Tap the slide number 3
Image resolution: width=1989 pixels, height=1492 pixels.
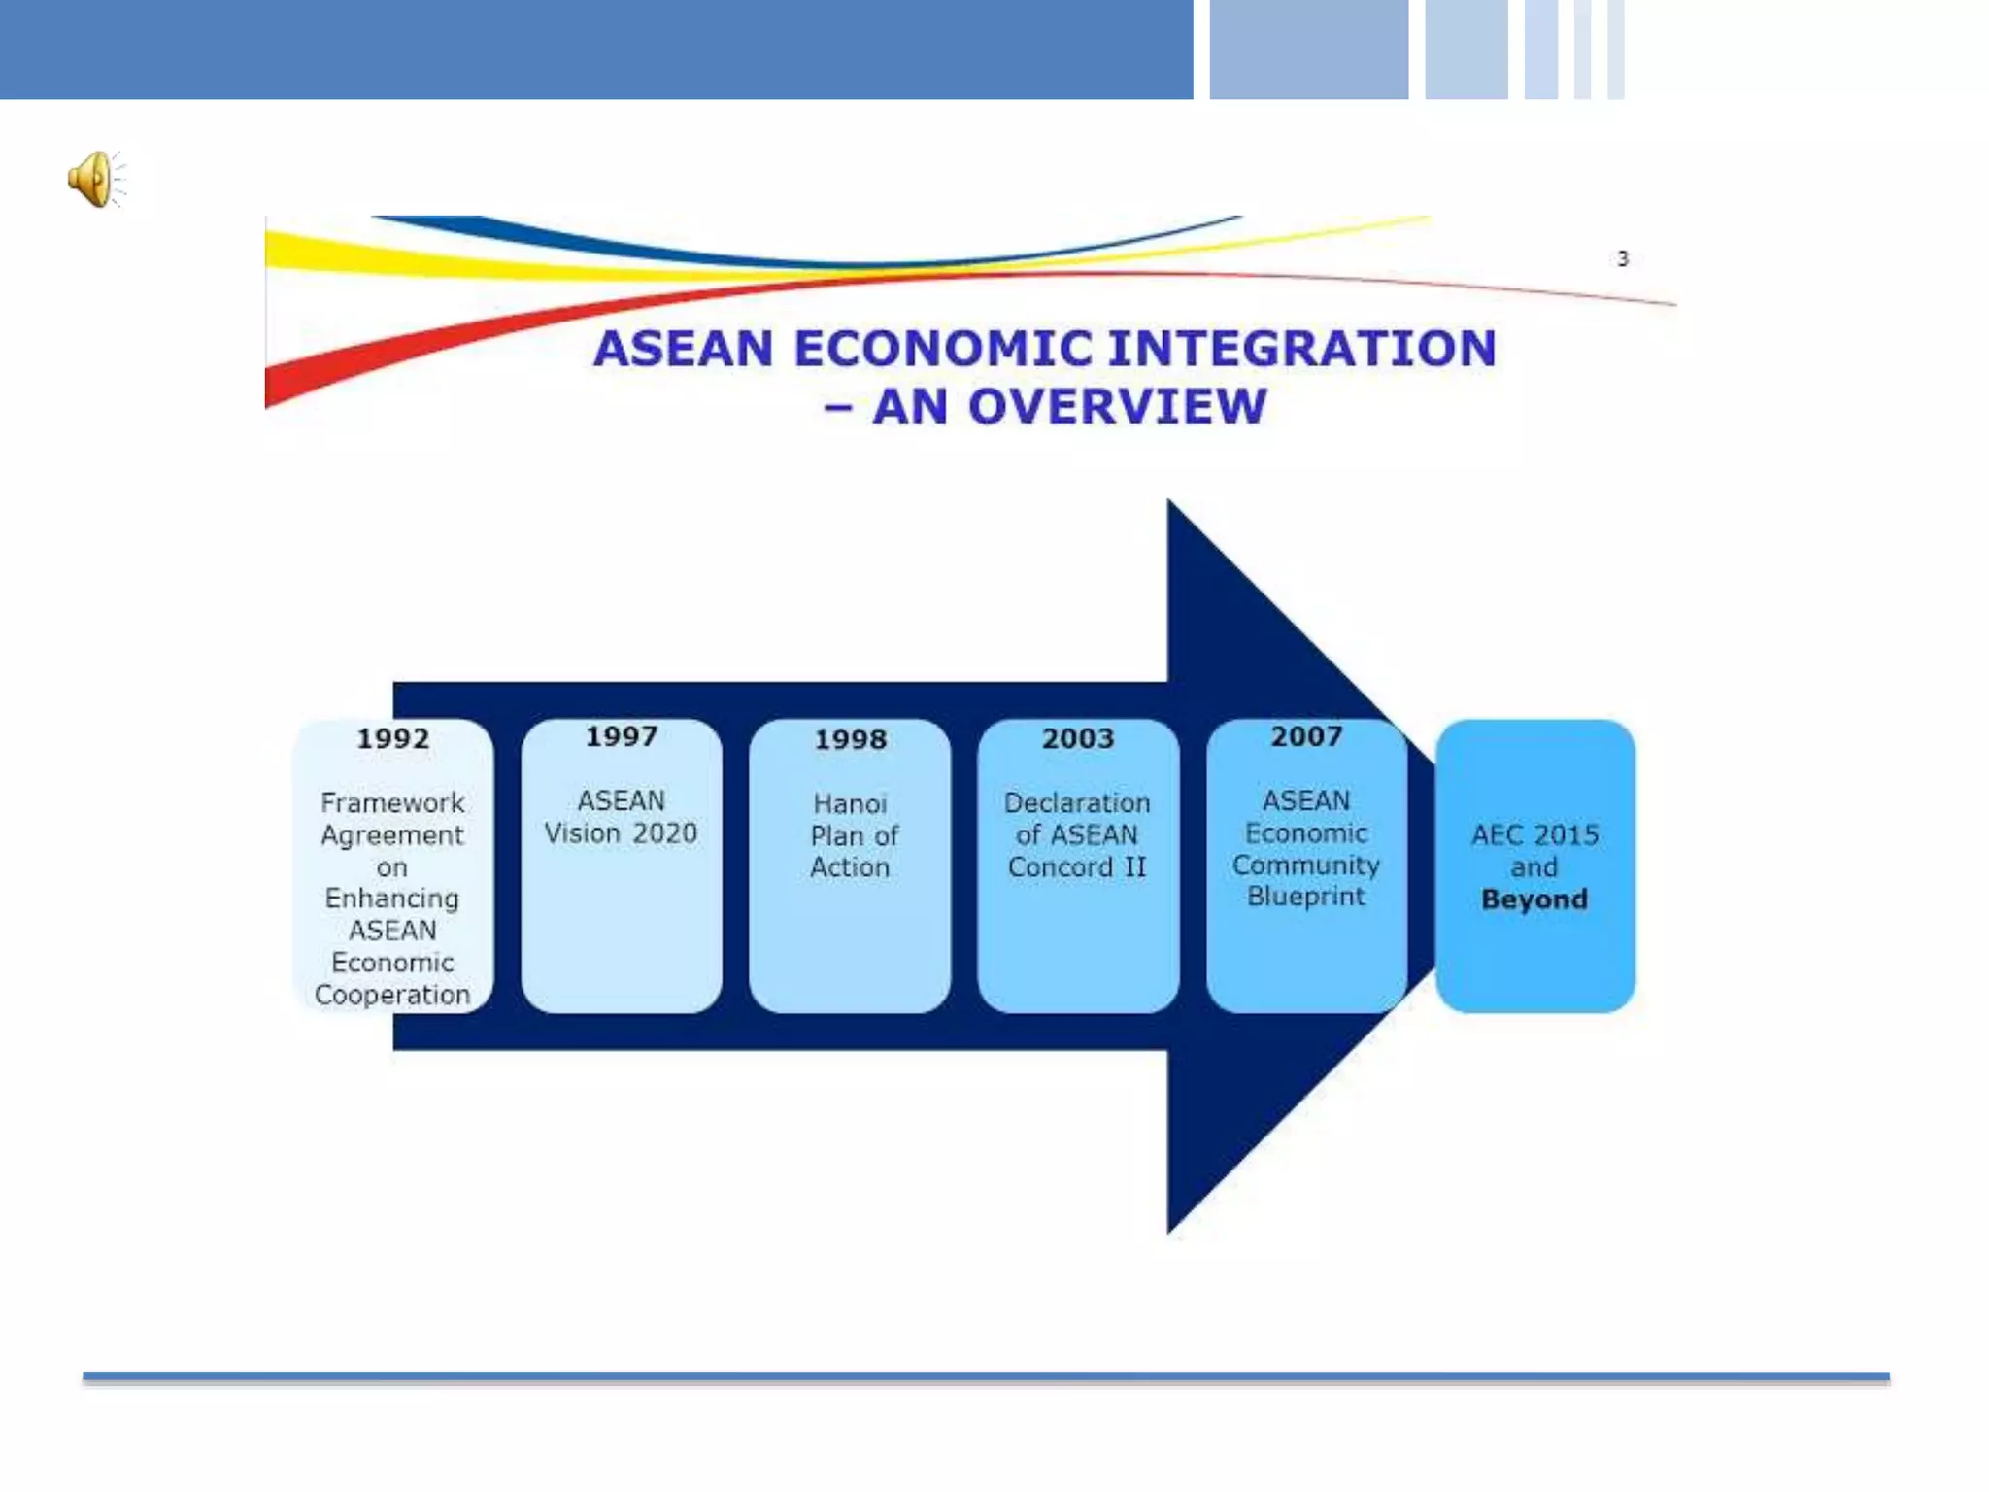tap(1622, 258)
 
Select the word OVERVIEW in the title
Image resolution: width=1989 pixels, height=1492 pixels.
tap(1117, 406)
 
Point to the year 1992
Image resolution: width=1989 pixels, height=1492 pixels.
tap(392, 739)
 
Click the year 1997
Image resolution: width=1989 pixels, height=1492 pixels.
tap(622, 737)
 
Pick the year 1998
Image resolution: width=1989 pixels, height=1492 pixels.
tap(850, 740)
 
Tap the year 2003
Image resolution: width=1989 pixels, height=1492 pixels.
tap(1078, 739)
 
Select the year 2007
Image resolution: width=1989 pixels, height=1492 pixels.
tap(1306, 737)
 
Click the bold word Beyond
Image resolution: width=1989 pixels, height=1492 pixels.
tap(1534, 899)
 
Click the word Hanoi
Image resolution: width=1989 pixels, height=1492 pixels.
tap(850, 804)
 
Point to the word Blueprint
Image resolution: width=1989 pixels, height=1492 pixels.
tap(1306, 897)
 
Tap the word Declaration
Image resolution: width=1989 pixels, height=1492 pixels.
tap(1077, 803)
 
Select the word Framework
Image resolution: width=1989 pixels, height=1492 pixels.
tap(392, 803)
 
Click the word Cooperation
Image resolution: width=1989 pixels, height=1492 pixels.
tap(392, 995)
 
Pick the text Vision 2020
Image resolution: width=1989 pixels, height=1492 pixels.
tap(621, 833)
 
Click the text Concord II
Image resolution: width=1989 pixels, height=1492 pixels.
tap(1077, 866)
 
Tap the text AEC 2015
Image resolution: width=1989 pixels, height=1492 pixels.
tap(1534, 835)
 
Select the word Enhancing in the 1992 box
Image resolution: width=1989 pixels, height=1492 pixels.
tap(392, 899)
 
